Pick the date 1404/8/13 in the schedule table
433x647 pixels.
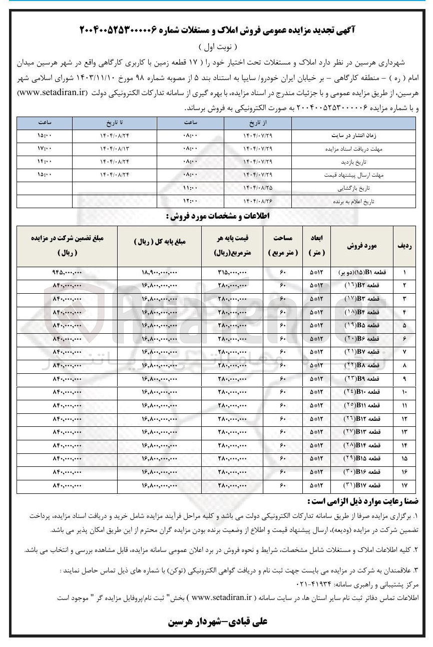(115, 149)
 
